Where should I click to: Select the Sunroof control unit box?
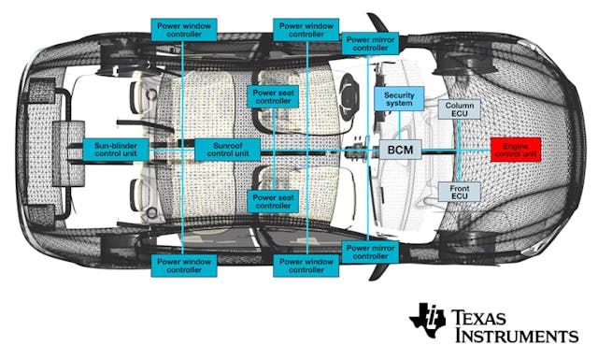(x=227, y=150)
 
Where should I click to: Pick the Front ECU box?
(x=459, y=192)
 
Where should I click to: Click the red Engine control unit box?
(x=517, y=150)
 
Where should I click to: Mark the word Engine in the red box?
(x=517, y=145)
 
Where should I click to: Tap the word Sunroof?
(x=227, y=145)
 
